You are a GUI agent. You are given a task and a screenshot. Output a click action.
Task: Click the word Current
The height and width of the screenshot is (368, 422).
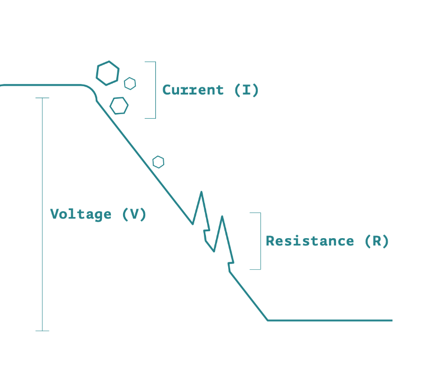click(x=193, y=90)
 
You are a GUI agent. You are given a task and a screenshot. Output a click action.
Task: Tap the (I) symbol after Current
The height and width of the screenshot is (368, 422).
click(x=247, y=90)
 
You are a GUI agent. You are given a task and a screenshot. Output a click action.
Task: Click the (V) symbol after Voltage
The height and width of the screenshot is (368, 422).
click(x=134, y=214)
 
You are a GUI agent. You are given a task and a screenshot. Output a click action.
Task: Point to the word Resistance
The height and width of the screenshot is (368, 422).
click(x=310, y=241)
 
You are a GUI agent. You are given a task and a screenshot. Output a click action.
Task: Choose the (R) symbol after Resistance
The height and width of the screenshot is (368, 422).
click(x=377, y=241)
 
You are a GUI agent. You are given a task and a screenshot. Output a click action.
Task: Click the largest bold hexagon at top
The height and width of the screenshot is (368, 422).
click(x=108, y=73)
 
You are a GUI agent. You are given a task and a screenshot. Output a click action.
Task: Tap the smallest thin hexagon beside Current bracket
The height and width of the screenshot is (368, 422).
click(x=130, y=83)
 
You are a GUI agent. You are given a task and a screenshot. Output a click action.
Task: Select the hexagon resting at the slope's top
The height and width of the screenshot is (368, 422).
click(x=119, y=106)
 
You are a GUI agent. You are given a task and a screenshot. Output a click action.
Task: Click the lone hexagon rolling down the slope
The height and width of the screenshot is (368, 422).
click(x=158, y=162)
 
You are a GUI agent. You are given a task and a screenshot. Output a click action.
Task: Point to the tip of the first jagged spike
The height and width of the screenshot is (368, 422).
click(x=201, y=192)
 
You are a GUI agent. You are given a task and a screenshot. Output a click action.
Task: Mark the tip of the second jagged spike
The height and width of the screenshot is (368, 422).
click(x=222, y=216)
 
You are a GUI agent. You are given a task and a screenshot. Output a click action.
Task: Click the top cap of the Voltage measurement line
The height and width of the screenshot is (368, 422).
click(x=42, y=98)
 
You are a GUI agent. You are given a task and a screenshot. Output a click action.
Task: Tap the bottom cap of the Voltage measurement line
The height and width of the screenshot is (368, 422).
click(x=42, y=331)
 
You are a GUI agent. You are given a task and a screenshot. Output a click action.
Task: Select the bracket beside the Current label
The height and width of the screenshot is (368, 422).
click(x=155, y=90)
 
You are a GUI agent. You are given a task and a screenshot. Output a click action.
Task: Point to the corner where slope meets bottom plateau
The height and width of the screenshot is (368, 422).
click(x=268, y=320)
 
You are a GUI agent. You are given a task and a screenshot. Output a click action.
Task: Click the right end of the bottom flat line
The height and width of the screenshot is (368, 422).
click(x=391, y=320)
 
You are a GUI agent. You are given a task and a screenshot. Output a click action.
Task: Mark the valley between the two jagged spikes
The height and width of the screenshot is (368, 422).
click(x=213, y=251)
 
